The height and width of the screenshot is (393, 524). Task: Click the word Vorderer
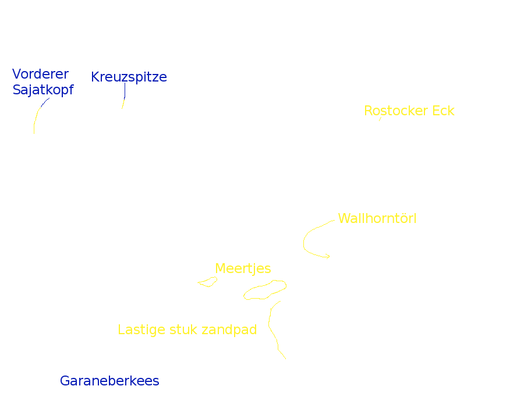(x=40, y=75)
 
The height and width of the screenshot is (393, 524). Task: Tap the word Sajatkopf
(x=43, y=90)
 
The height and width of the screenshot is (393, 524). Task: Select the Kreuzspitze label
(x=129, y=77)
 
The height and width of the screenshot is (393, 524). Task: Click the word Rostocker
(x=396, y=111)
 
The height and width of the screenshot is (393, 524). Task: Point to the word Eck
(x=443, y=111)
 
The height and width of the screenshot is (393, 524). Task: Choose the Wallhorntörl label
(x=377, y=219)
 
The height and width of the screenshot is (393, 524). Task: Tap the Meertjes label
(x=243, y=268)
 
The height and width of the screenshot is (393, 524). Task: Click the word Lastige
(x=141, y=330)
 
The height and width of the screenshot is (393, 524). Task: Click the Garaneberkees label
(x=109, y=381)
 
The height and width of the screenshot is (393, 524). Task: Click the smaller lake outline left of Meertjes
(x=208, y=282)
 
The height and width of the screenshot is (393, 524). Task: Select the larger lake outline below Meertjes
(x=265, y=290)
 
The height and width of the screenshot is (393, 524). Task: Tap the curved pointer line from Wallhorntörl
(x=305, y=239)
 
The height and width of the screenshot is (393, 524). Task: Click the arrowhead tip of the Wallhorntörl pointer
(x=330, y=256)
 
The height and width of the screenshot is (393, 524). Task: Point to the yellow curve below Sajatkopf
(x=36, y=116)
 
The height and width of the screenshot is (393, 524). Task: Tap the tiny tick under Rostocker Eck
(x=380, y=119)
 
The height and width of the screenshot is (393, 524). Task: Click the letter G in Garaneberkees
(x=65, y=381)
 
